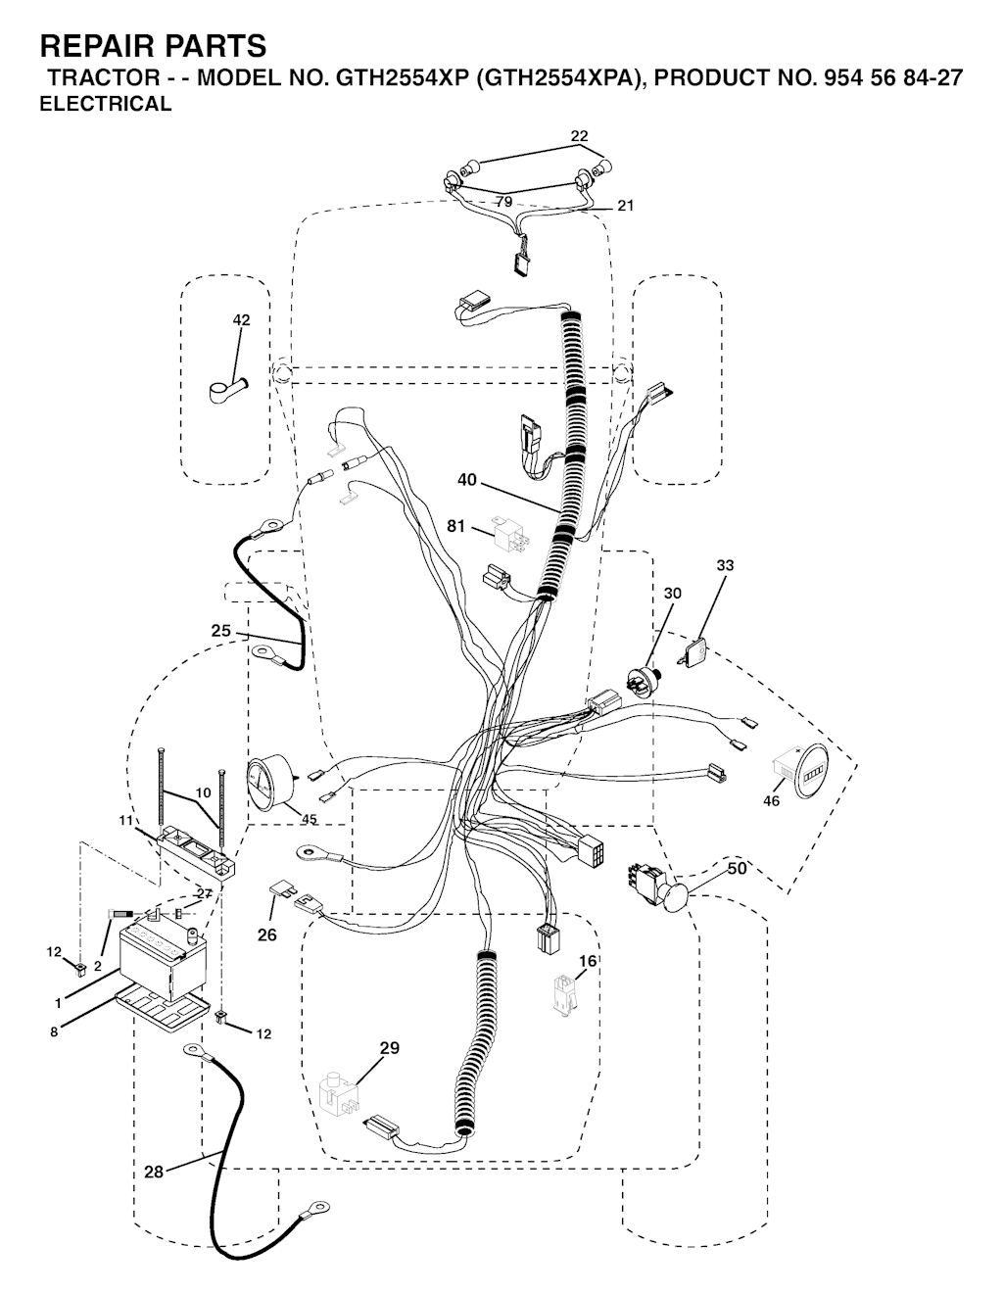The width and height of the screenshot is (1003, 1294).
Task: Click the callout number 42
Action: tap(241, 319)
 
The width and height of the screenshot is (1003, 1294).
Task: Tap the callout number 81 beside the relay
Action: tap(456, 526)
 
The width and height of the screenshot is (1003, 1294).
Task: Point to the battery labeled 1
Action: tap(164, 961)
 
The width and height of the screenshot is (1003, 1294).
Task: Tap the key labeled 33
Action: tap(693, 652)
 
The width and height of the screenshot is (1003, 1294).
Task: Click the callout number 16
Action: tap(587, 961)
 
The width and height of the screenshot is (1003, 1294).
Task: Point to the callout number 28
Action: tap(154, 1173)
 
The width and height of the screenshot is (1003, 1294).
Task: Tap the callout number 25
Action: tap(220, 631)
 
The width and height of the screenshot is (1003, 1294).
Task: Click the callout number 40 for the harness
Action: tap(467, 479)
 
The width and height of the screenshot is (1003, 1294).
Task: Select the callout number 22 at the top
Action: tap(579, 136)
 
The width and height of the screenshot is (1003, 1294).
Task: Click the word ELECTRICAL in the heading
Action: tap(106, 104)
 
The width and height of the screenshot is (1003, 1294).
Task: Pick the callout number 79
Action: tap(503, 202)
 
